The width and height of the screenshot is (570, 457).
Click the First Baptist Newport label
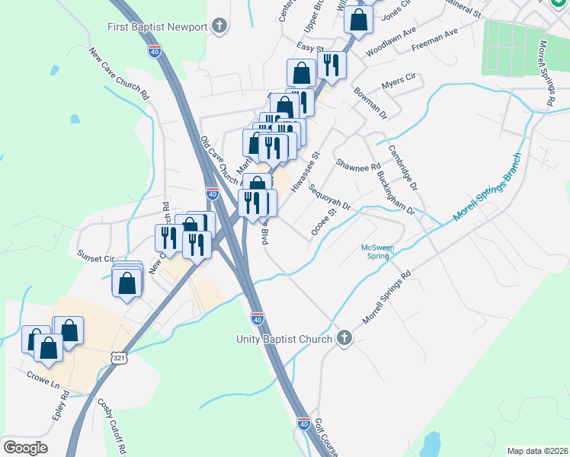pyautogui.click(x=159, y=27)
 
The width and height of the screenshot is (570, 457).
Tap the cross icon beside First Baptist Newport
pyautogui.click(x=219, y=27)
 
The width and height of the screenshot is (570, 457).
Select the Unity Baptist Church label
pyautogui.click(x=283, y=338)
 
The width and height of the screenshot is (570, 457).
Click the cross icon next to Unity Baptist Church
pyautogui.click(x=344, y=338)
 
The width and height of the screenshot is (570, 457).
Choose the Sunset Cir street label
pyautogui.click(x=95, y=259)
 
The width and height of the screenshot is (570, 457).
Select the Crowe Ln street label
pyautogui.click(x=43, y=375)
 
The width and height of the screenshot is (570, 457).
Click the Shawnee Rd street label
pyautogui.click(x=358, y=166)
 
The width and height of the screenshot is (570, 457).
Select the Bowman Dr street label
pyautogui.click(x=370, y=103)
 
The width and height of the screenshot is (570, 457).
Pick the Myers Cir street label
pyautogui.click(x=399, y=78)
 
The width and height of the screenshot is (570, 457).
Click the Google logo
pyautogui.click(x=25, y=448)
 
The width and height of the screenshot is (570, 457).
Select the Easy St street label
pyautogui.click(x=306, y=47)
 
